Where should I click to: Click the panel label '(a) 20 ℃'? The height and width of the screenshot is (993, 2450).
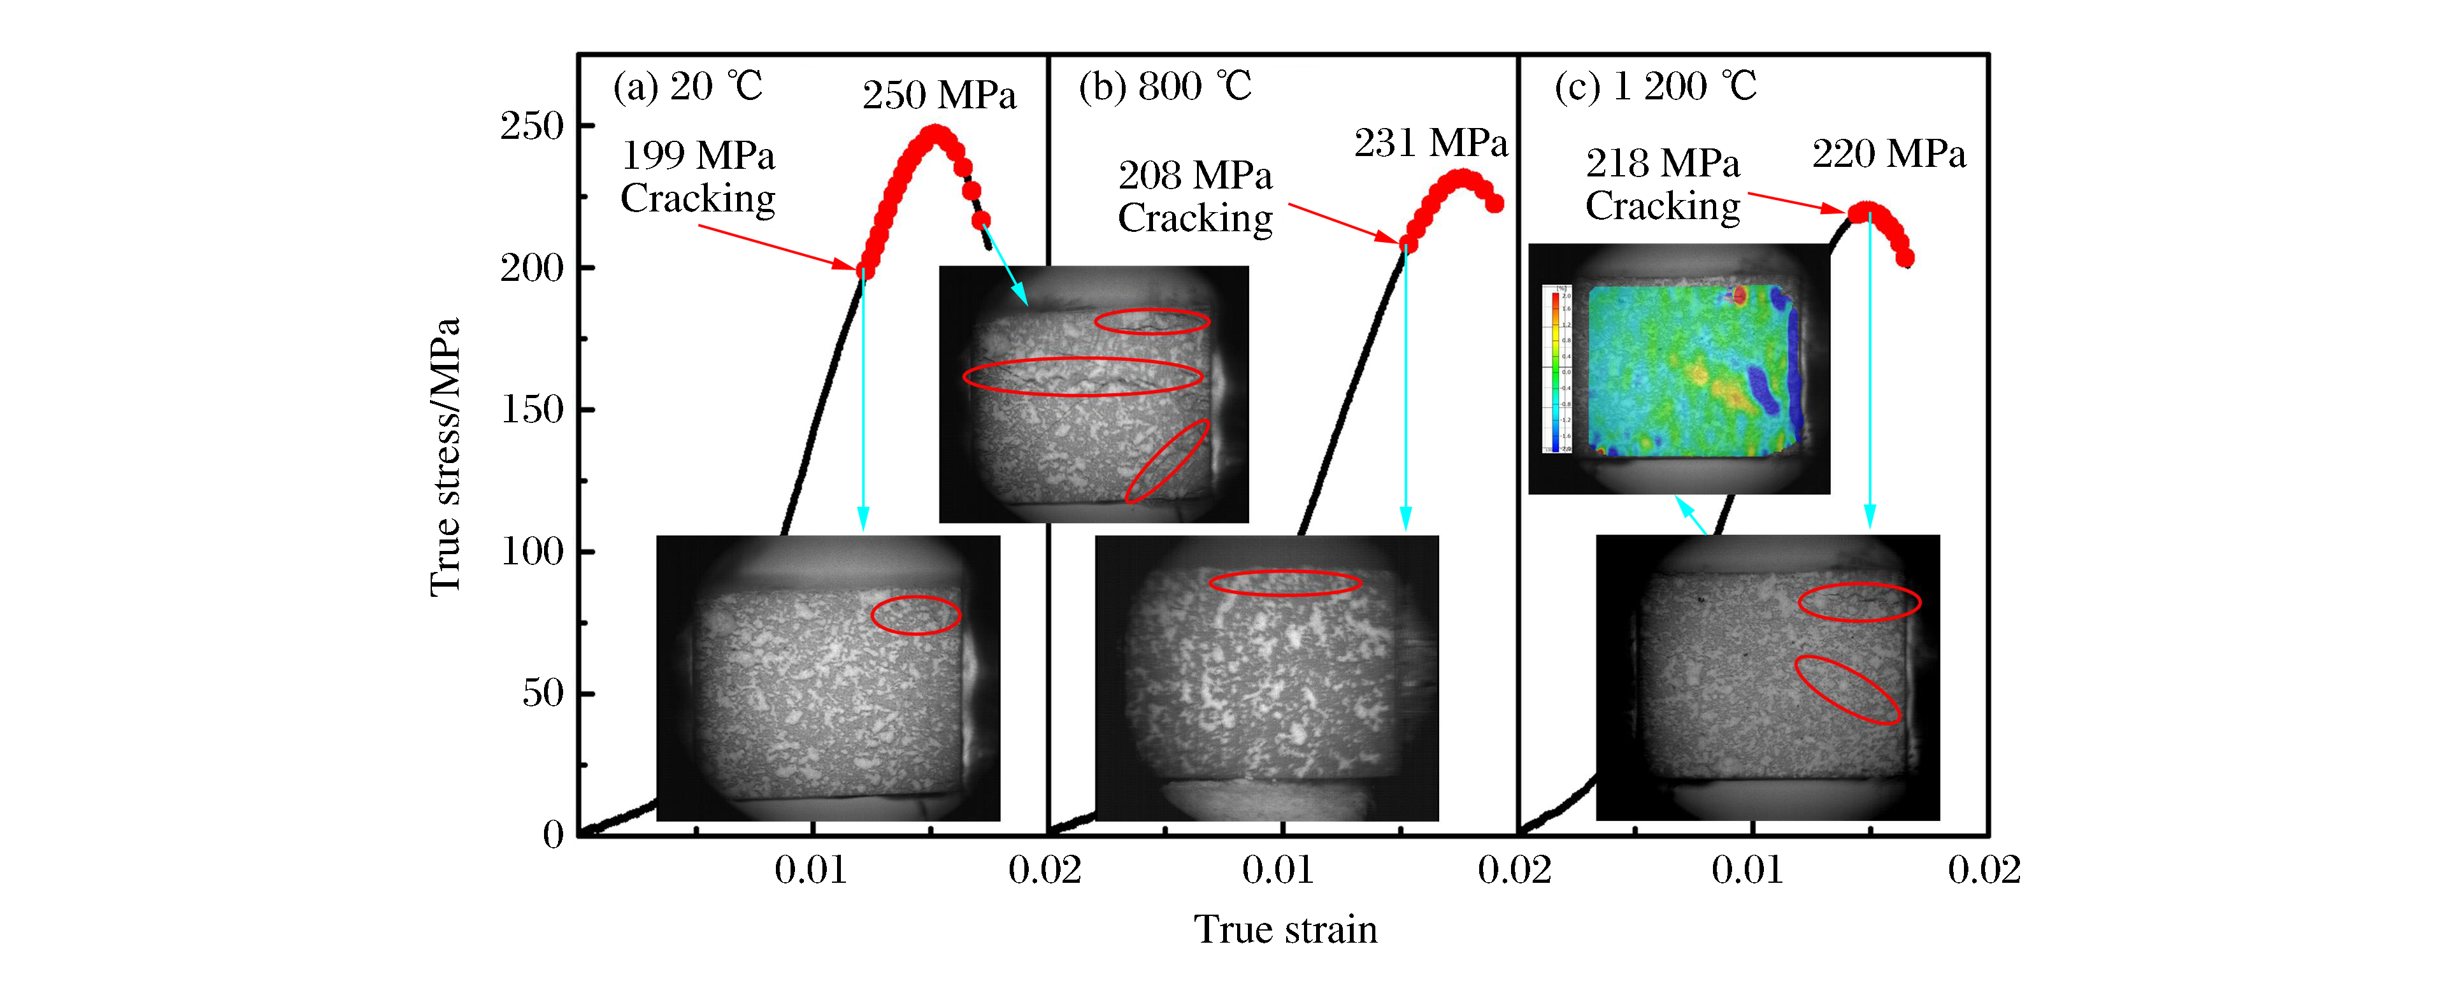coord(687,87)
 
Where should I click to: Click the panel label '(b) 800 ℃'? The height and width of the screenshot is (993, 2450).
coord(1165,87)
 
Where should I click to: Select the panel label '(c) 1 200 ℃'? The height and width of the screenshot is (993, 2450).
coord(1655,87)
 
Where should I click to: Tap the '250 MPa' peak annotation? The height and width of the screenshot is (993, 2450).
coord(939,95)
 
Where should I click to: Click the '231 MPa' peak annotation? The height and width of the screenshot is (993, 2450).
coord(1430,143)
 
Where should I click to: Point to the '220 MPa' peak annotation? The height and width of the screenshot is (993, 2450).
coord(1888,154)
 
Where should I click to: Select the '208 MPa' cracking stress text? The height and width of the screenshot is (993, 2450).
coord(1194,176)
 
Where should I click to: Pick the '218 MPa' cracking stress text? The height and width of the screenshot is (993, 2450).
coord(1663,164)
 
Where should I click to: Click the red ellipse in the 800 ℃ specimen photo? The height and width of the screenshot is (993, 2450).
coord(1284,583)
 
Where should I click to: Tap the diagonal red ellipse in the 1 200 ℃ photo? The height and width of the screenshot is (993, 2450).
coord(1847,690)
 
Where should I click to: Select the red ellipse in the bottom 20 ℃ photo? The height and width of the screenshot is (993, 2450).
coord(916,615)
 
